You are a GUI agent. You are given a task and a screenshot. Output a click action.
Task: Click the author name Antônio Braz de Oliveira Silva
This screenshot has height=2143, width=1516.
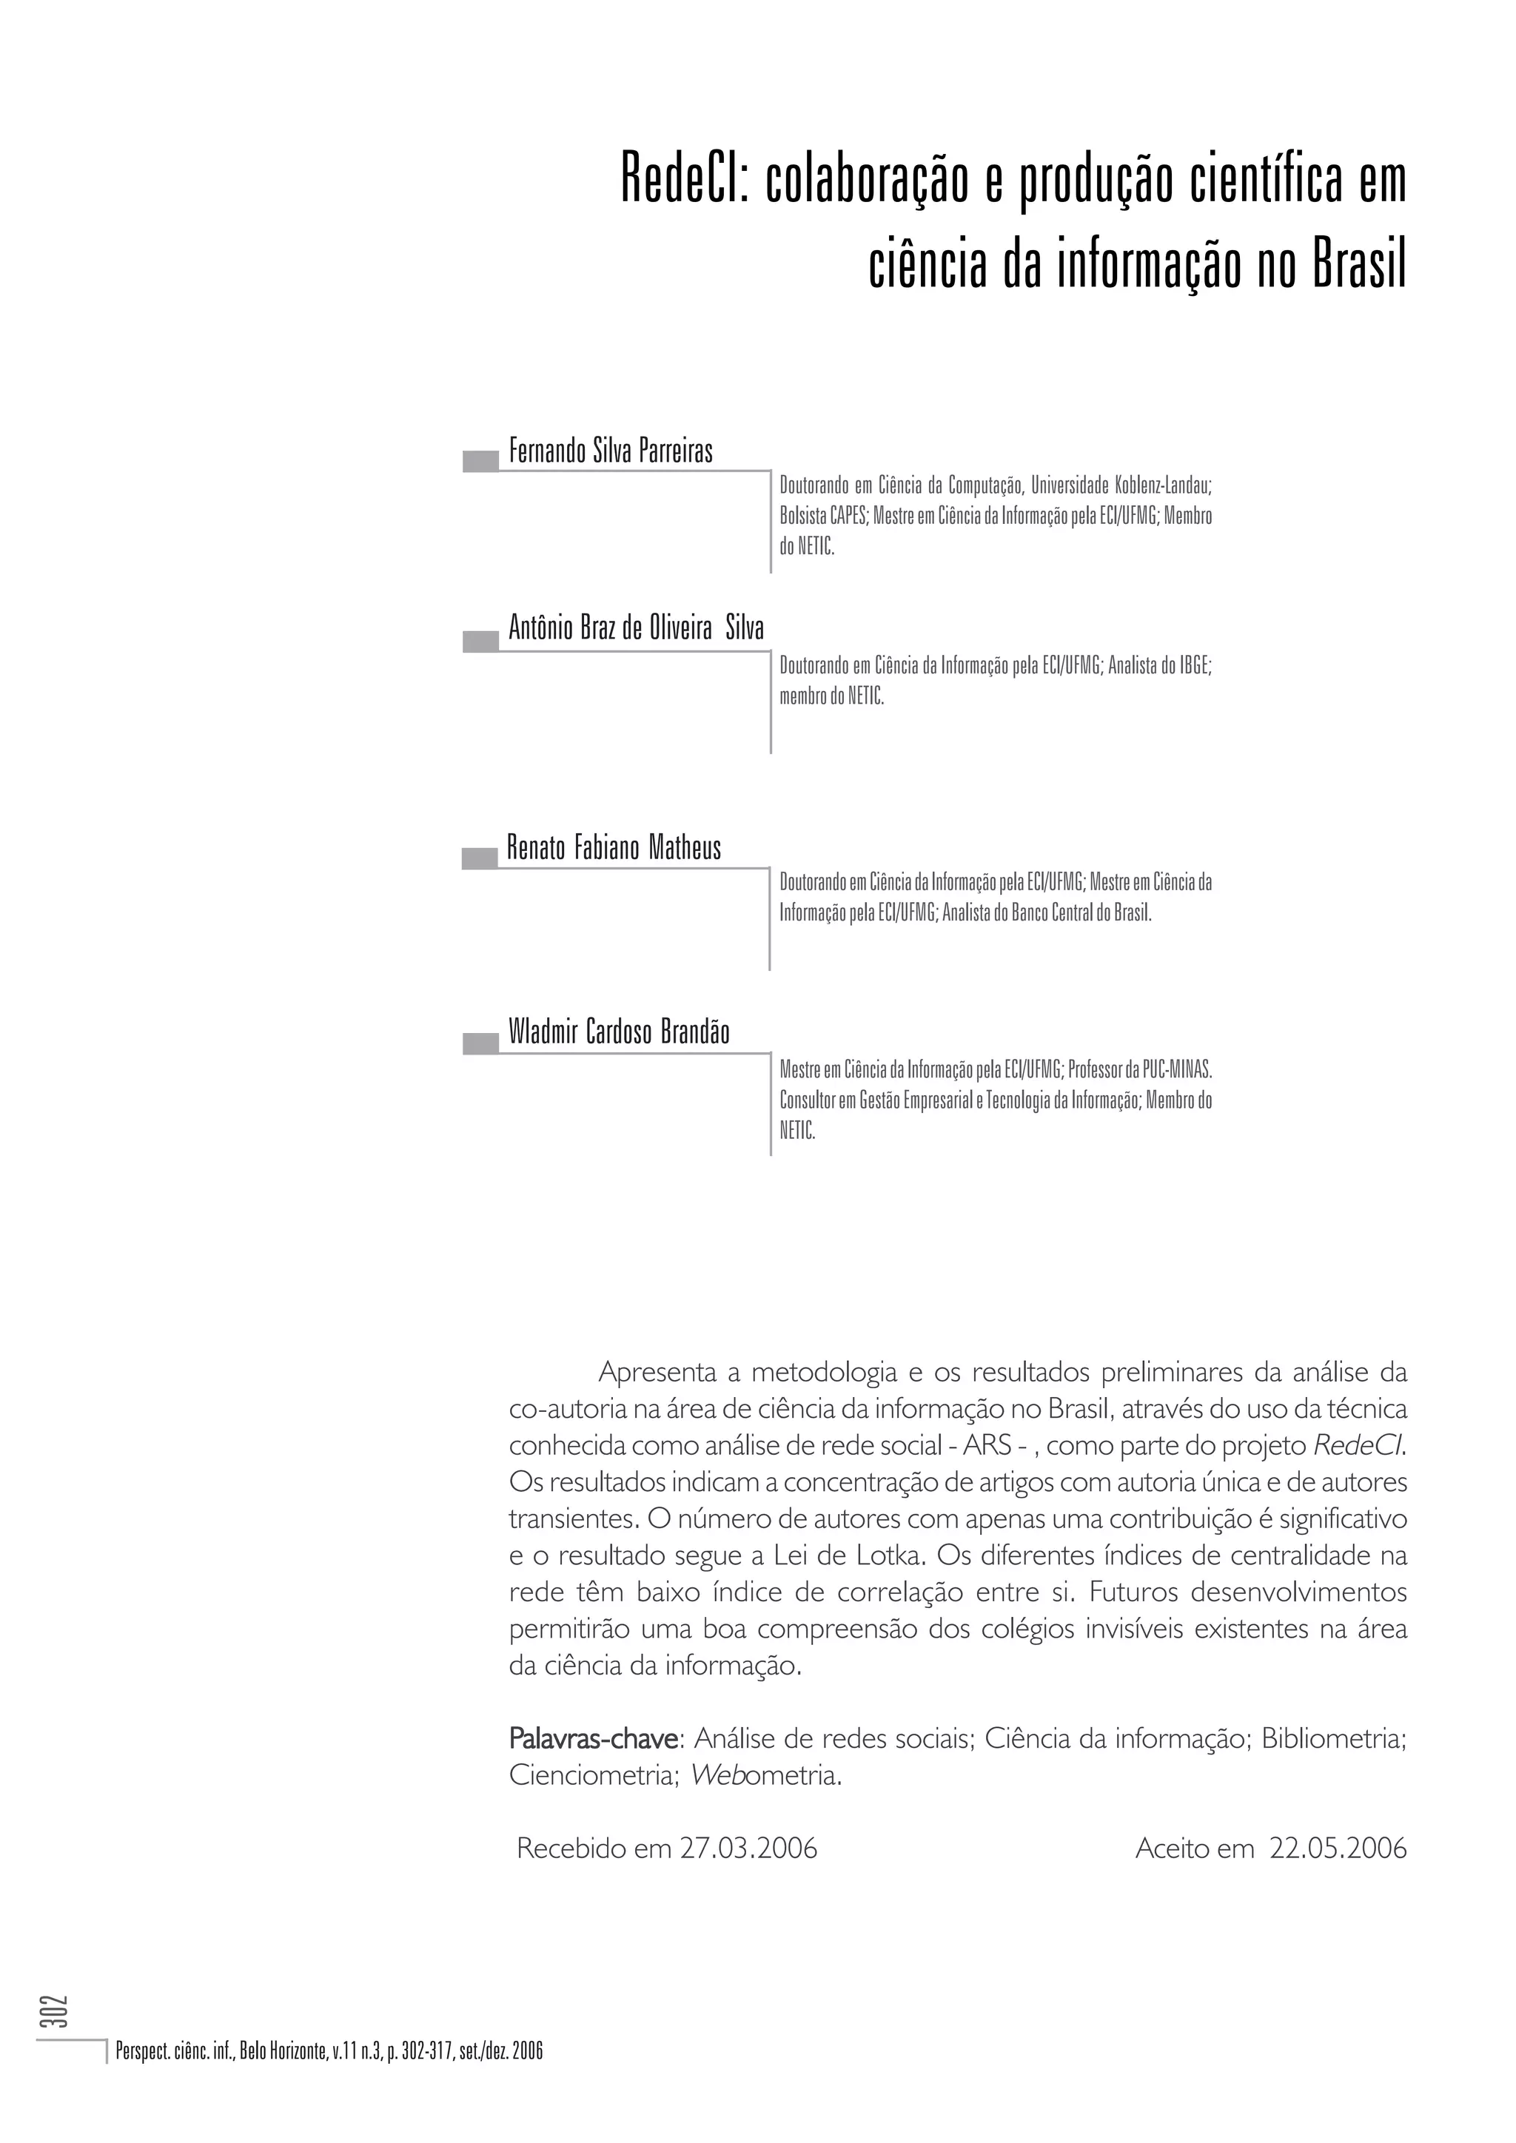point(636,629)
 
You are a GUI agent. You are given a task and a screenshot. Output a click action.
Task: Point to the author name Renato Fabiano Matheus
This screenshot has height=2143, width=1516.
point(614,849)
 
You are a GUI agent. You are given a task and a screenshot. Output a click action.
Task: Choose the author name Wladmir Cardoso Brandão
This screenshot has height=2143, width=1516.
point(619,1032)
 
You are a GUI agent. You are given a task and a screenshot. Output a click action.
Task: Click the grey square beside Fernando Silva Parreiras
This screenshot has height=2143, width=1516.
point(480,461)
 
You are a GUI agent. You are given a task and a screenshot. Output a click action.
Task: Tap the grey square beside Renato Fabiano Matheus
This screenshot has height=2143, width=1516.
point(480,858)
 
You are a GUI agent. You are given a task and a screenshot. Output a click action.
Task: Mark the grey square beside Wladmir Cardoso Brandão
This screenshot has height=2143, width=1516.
point(480,1043)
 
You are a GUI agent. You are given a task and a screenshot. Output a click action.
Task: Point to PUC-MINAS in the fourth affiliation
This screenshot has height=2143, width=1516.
point(1177,1069)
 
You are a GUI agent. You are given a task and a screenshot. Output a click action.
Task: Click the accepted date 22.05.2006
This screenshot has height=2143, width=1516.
point(1337,1849)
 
